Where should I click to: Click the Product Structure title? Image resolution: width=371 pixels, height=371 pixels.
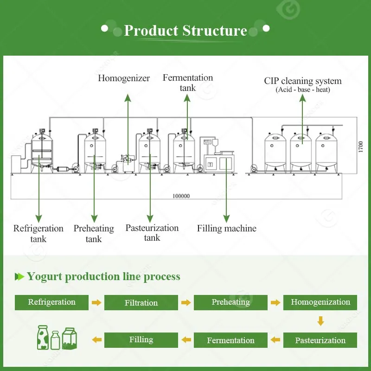(x=185, y=31)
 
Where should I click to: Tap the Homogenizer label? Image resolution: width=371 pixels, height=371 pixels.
(x=124, y=78)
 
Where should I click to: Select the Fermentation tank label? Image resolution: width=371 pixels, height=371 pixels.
(x=188, y=83)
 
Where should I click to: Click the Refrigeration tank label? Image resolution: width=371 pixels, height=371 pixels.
(x=38, y=233)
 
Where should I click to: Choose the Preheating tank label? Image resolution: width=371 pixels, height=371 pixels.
(x=94, y=234)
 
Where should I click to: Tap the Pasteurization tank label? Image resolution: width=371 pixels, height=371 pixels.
(x=152, y=233)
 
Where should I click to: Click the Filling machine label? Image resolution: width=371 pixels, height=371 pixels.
(x=226, y=228)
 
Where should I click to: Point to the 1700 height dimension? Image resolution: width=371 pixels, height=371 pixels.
(x=361, y=146)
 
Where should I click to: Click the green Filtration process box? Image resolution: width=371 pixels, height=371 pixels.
(x=141, y=303)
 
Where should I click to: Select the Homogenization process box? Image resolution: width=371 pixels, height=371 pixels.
(x=320, y=302)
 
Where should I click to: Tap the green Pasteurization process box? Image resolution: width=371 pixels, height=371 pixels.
(x=320, y=340)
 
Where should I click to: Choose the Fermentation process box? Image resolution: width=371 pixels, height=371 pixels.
(x=230, y=340)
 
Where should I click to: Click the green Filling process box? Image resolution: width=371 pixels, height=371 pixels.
(x=141, y=340)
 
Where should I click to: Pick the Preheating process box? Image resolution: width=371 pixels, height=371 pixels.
(x=230, y=302)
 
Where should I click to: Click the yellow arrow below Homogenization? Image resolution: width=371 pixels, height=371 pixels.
(x=320, y=321)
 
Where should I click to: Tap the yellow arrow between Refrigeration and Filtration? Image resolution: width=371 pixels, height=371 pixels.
(x=96, y=303)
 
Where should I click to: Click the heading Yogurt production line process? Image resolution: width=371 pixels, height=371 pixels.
(x=103, y=277)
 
